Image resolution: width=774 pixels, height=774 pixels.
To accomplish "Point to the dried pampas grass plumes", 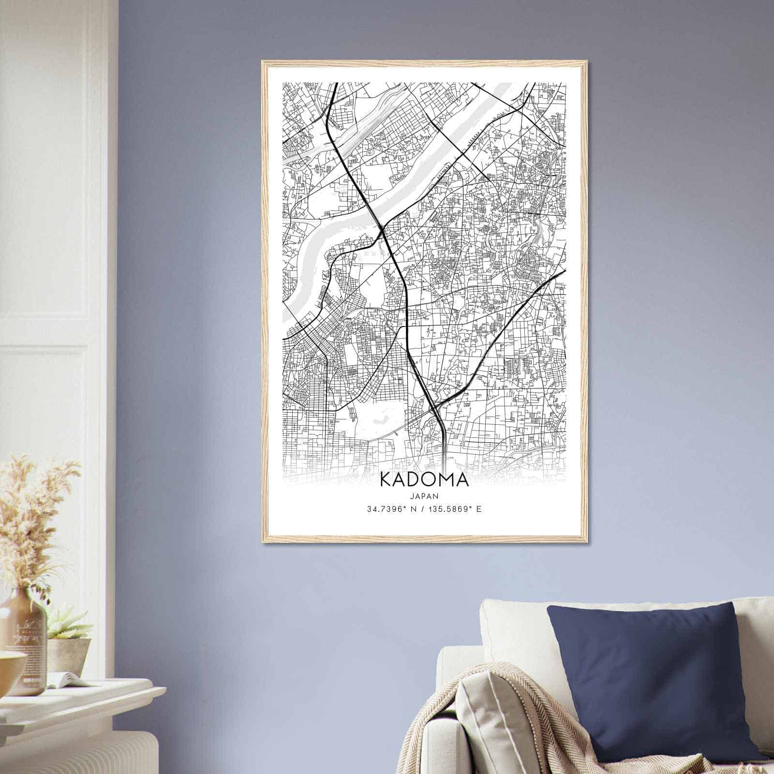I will (x=34, y=513).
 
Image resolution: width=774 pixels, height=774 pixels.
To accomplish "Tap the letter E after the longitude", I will (x=479, y=509).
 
